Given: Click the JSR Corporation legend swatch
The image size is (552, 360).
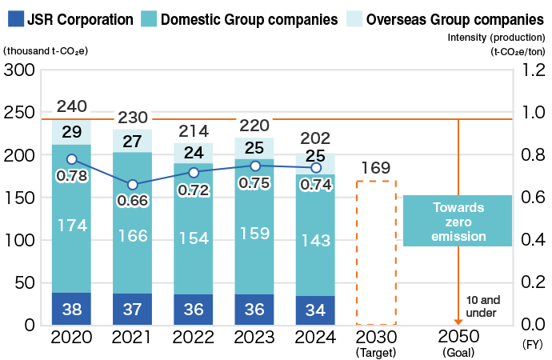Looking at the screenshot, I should coord(13,18).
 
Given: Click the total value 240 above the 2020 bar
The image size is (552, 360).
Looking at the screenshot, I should coord(72,106).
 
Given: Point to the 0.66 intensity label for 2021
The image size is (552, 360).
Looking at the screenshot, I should coord(133,200).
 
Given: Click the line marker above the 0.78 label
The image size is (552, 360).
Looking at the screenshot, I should coord(72,159).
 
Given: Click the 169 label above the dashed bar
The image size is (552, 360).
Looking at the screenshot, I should coord(376,168).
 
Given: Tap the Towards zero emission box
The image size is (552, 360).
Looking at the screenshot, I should coord(458,221).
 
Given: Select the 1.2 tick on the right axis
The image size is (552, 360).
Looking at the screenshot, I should coord(533,70).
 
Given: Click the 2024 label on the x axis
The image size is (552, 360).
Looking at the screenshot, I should coord(315,337).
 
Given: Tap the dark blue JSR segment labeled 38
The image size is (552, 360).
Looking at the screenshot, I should coord(72,309).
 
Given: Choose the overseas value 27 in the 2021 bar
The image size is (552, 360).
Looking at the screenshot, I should coord(133,142).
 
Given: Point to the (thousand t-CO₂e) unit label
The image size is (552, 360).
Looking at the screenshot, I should coord(46,51).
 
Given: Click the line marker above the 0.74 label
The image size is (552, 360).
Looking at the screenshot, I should coord(315,167).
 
